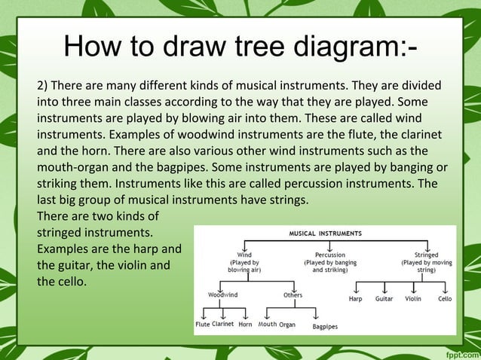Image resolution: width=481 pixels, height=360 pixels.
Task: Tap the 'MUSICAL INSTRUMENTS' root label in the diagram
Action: click(x=326, y=233)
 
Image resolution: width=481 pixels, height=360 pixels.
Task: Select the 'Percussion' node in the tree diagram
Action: click(x=330, y=255)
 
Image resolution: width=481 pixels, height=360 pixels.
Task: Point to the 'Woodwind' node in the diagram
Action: click(x=222, y=295)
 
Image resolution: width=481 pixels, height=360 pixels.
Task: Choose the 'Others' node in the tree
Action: click(x=293, y=295)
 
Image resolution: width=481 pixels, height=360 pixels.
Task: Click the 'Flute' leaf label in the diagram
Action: click(x=202, y=325)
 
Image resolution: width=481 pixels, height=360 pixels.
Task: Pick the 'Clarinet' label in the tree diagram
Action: click(x=222, y=325)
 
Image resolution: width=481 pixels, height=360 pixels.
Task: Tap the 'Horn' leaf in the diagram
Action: click(x=245, y=325)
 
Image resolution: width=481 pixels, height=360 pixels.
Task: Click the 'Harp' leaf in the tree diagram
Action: click(x=355, y=299)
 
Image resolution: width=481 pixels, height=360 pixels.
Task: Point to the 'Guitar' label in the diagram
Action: click(x=384, y=299)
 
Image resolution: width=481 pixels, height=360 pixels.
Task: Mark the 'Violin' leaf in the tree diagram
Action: click(x=412, y=299)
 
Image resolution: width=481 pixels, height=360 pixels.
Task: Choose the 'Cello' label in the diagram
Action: click(x=445, y=299)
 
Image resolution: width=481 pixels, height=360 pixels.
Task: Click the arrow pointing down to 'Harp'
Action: click(x=355, y=288)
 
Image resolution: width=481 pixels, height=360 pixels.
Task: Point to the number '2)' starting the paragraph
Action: click(x=44, y=84)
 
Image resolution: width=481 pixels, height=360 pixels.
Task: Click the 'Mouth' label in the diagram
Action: click(x=268, y=325)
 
